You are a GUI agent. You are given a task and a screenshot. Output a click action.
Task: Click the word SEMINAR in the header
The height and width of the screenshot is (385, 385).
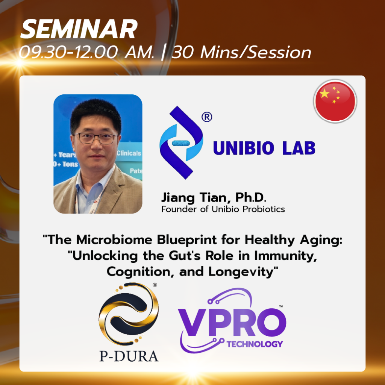(79, 29)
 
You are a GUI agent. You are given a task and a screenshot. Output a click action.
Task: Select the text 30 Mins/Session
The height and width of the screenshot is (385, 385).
(241, 52)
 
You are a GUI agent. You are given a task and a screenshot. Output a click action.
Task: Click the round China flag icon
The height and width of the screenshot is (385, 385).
(335, 101)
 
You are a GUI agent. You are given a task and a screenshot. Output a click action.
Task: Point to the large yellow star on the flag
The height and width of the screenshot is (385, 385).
(324, 94)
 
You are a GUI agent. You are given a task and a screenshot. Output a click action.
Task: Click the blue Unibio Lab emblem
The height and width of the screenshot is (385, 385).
(181, 142)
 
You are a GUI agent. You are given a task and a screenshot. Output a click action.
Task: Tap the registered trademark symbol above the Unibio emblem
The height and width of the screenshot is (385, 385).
(207, 117)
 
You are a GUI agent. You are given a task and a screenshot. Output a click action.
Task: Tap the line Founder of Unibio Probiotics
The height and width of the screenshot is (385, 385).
(223, 209)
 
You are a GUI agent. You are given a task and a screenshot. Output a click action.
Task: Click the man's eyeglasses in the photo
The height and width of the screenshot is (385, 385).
(96, 138)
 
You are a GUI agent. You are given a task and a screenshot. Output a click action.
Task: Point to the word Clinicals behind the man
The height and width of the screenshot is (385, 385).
(129, 153)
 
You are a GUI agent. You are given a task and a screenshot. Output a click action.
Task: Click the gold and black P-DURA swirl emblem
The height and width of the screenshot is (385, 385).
(129, 314)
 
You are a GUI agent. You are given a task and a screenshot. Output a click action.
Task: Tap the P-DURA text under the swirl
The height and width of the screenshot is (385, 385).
(129, 356)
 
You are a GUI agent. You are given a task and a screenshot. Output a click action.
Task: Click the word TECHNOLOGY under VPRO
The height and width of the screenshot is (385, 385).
(255, 344)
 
